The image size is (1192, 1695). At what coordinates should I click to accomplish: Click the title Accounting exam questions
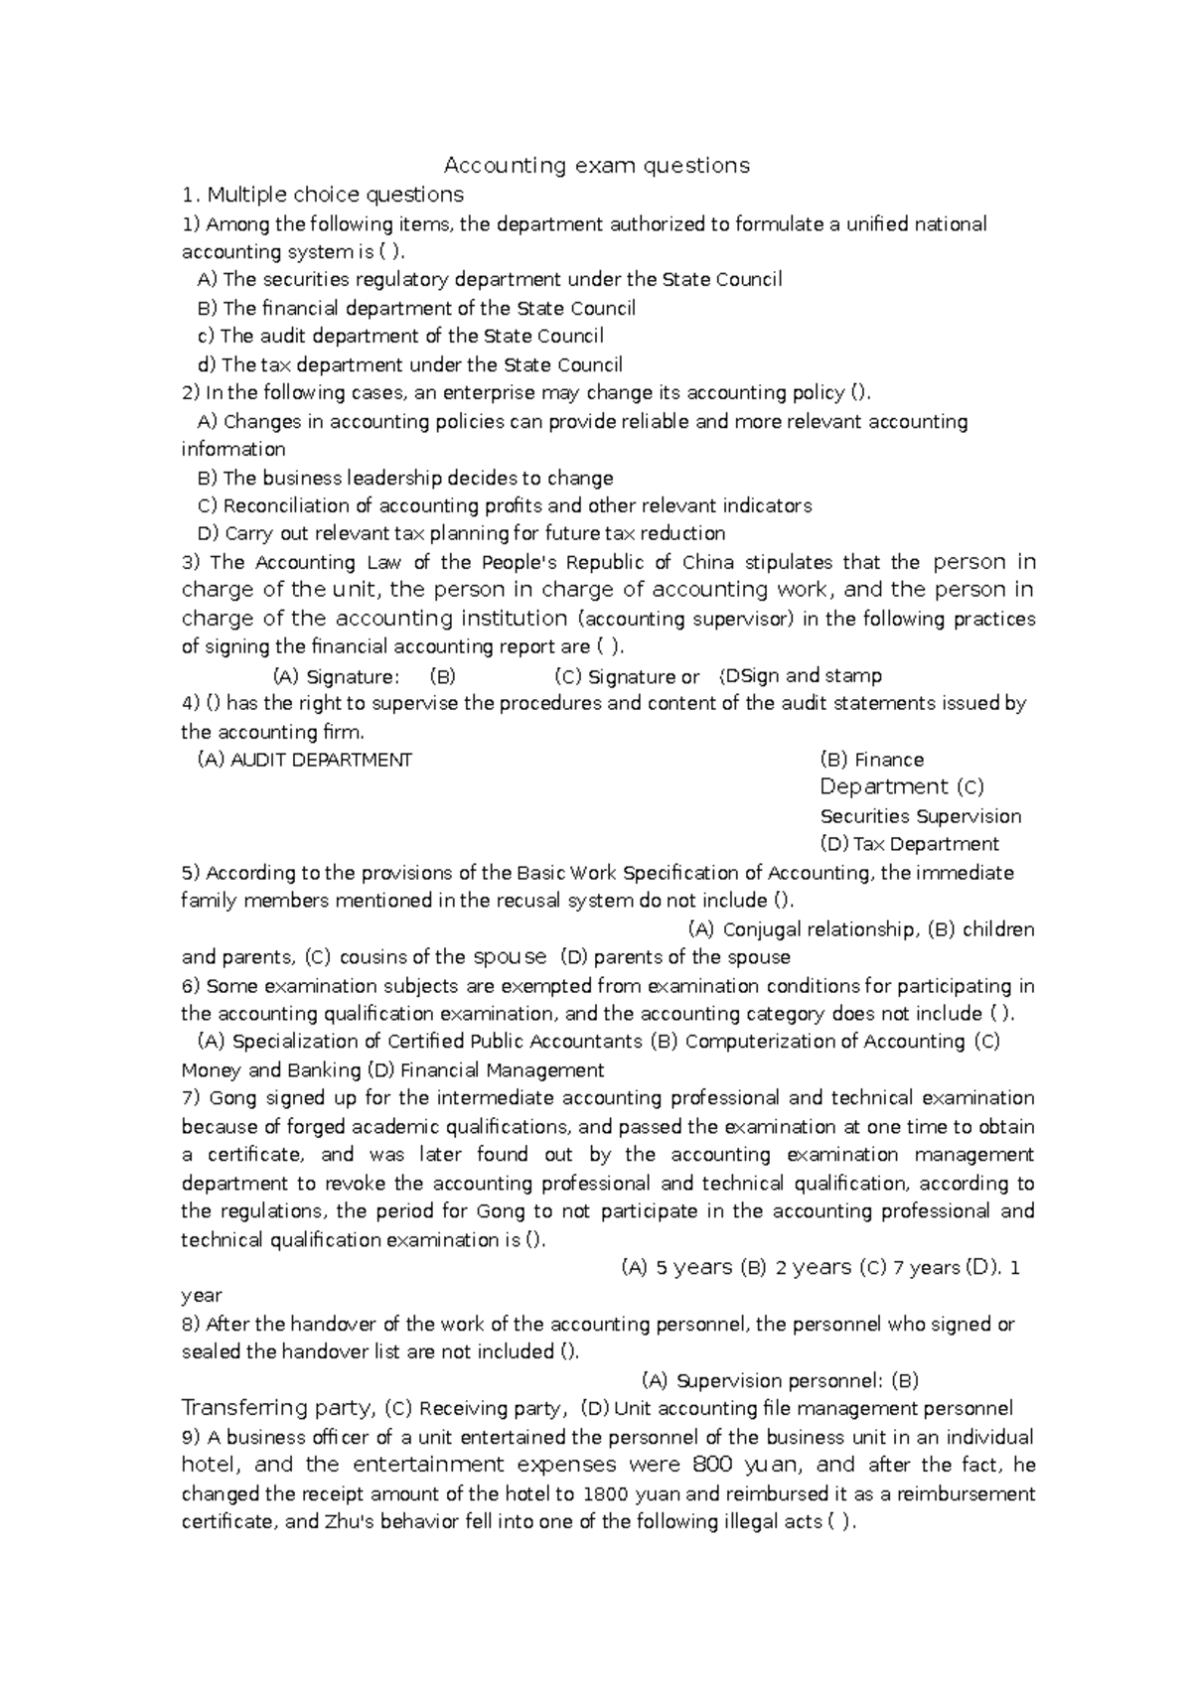596,165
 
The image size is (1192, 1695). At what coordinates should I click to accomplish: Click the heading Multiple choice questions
335,194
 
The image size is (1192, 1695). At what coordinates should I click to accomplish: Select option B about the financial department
417,308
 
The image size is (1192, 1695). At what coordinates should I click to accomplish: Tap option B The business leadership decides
406,478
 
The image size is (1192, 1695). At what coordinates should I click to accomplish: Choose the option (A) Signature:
336,677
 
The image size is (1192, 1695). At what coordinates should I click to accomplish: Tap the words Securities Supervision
920,816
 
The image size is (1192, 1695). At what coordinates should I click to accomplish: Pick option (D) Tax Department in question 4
909,844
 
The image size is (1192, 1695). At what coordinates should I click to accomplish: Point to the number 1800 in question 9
606,1493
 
